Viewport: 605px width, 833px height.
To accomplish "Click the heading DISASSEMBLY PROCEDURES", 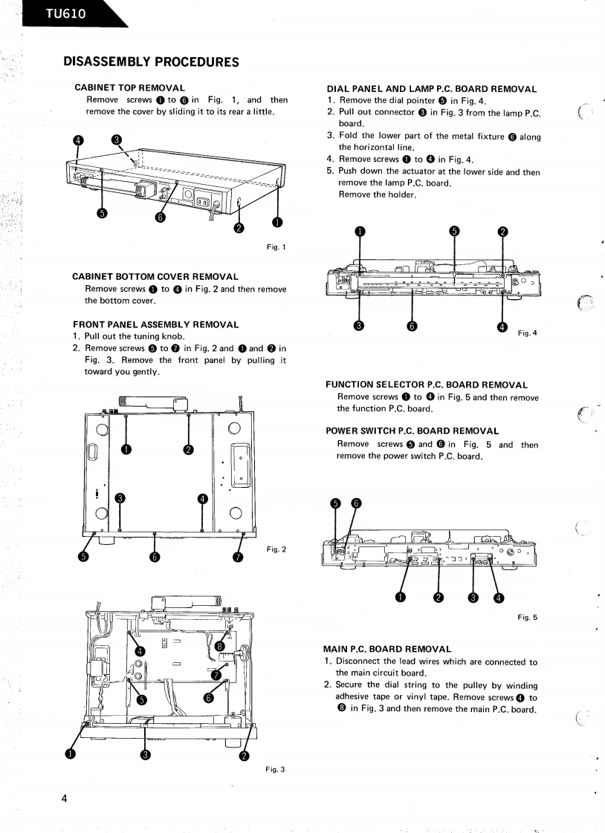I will coord(151,61).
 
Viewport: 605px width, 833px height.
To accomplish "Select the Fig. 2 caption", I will coord(276,549).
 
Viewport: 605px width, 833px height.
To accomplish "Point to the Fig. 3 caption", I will coord(275,769).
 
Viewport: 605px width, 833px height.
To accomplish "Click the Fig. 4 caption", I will coord(527,333).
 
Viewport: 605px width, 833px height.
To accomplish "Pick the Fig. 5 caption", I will coord(527,618).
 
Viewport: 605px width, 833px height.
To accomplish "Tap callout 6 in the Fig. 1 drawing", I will coord(161,217).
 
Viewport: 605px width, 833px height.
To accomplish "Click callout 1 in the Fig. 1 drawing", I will coord(276,222).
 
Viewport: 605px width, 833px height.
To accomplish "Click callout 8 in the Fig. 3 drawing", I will coord(219,646).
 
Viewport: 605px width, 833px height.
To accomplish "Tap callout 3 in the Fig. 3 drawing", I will coord(146,755).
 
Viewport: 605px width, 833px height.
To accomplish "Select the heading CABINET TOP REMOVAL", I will coord(129,88).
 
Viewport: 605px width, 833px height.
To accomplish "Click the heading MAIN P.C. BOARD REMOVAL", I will coord(387,649).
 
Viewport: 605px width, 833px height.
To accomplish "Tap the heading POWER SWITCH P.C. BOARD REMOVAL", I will coord(412,431).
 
